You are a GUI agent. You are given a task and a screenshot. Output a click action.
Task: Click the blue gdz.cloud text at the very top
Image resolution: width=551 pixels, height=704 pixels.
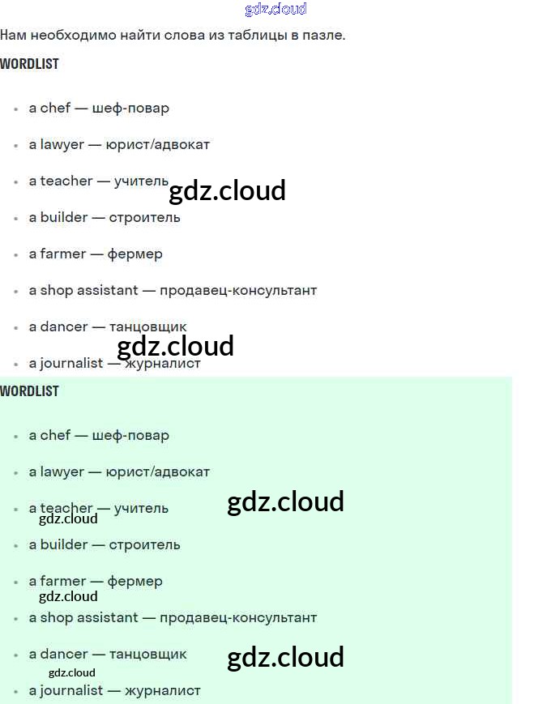coord(275,9)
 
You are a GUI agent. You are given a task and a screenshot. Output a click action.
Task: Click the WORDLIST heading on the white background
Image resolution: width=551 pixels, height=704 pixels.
coord(30,64)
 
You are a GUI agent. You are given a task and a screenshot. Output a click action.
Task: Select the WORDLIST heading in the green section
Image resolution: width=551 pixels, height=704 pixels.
coord(30,391)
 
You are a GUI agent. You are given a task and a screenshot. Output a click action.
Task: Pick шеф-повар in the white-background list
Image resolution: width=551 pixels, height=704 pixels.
coord(130,108)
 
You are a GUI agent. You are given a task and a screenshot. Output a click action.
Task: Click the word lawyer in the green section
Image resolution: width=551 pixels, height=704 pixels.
coord(62,471)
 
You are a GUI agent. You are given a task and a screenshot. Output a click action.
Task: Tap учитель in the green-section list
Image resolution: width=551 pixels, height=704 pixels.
coord(141,508)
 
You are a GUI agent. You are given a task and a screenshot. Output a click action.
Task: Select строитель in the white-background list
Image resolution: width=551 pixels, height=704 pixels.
coord(144,217)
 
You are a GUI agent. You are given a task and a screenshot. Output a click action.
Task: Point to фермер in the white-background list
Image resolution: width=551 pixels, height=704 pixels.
coord(135,254)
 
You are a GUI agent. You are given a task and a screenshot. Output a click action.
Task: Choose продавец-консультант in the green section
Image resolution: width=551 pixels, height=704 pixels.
coord(238,617)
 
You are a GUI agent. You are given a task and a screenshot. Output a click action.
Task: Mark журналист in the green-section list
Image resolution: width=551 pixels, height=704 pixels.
coord(162,690)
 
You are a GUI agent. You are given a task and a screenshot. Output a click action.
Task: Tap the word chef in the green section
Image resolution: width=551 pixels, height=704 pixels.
coord(55,435)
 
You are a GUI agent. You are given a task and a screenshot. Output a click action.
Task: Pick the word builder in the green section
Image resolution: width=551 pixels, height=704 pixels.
coord(64,544)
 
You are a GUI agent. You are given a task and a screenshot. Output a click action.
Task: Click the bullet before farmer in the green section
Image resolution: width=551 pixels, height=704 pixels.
coord(16,582)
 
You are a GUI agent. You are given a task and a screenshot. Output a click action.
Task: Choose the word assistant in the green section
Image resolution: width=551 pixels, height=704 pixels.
coord(108,617)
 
